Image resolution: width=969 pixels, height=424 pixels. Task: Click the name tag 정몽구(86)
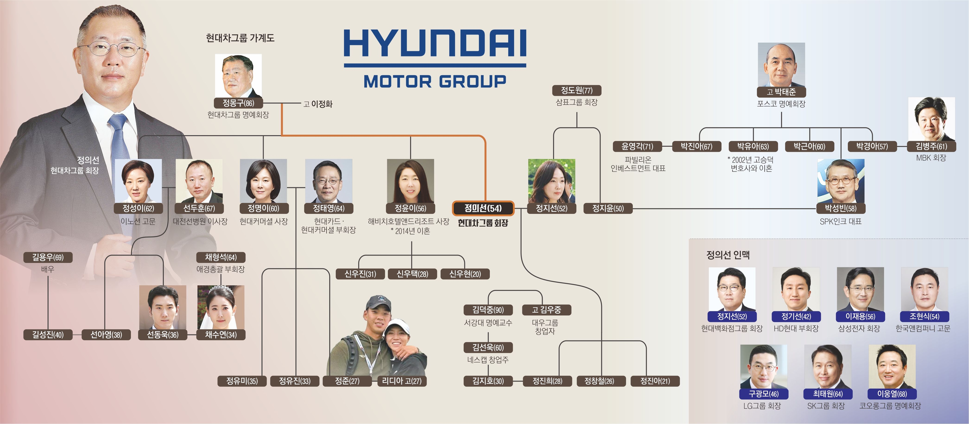[238, 103]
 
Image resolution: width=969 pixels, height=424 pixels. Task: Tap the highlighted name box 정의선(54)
[483, 208]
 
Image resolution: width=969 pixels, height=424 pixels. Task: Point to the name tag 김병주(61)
[931, 146]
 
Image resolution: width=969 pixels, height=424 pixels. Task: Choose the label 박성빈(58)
[840, 208]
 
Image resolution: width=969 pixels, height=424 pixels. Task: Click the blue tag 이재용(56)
[860, 317]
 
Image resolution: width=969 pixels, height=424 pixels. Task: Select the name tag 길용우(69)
[48, 257]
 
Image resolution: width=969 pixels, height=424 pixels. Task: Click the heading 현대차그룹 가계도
[240, 38]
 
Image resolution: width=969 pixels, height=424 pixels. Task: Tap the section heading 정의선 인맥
[728, 255]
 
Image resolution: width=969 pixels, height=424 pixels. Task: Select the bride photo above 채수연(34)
[221, 308]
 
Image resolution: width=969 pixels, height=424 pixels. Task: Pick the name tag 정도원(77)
[576, 91]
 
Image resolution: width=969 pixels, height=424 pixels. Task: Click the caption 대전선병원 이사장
[200, 222]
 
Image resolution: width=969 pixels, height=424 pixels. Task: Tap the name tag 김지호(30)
[488, 381]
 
